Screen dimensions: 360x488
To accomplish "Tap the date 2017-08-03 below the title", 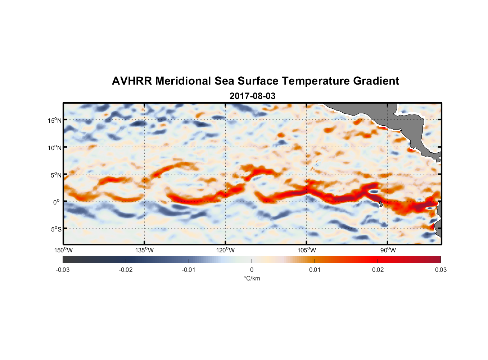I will pos(252,96).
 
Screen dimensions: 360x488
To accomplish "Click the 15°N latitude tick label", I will pos(55,120).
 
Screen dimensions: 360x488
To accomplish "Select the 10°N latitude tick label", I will pos(55,148).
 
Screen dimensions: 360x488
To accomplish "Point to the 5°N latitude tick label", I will pos(56,175).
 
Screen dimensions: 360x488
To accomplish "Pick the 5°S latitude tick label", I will pos(56,229).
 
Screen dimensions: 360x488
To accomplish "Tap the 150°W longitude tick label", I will pos(63,250).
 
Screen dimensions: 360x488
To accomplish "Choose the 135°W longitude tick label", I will pos(144,250).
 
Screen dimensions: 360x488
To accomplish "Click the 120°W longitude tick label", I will pos(225,250).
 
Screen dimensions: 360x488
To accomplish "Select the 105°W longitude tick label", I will pos(307,250).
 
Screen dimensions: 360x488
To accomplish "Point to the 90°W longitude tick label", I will pos(388,250).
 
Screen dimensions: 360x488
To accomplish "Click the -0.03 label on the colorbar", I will pos(63,270).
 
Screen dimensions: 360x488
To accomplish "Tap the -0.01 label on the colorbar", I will pos(189,270).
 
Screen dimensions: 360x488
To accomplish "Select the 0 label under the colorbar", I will pos(252,270).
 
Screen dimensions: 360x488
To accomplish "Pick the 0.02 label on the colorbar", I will pos(378,270).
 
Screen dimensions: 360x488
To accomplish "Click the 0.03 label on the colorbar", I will pos(440,270).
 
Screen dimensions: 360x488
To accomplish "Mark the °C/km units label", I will pos(252,278).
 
